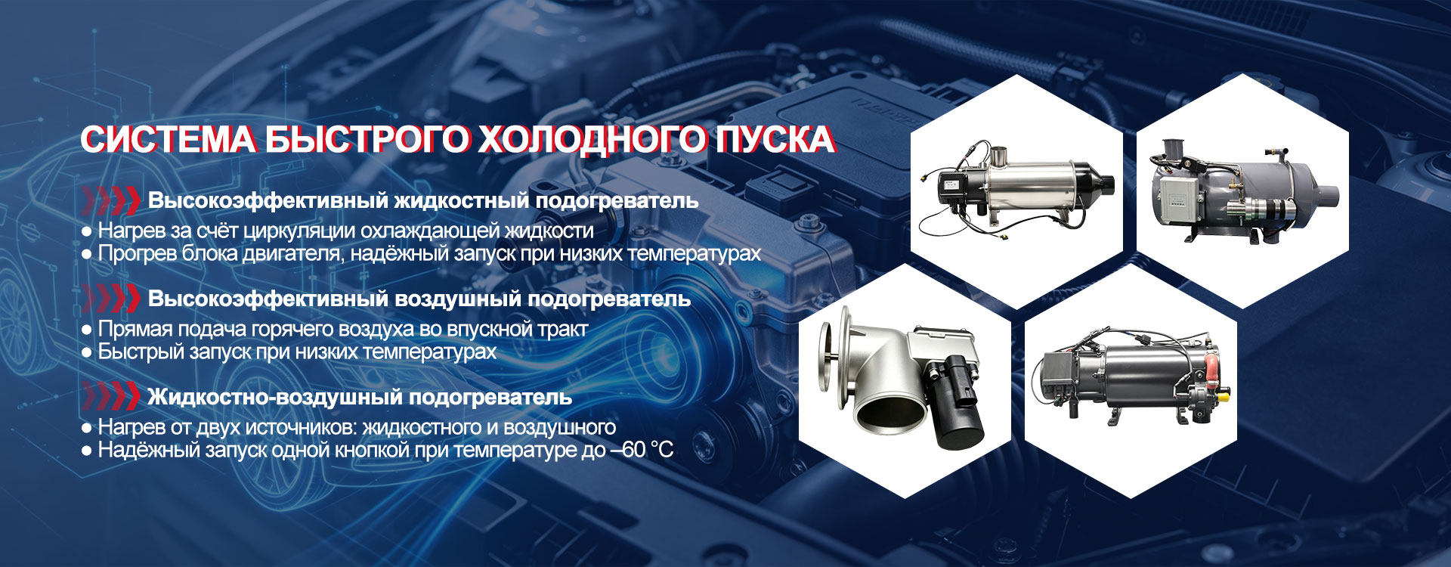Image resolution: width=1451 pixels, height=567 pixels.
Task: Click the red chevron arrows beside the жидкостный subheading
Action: pyautogui.click(x=111, y=200)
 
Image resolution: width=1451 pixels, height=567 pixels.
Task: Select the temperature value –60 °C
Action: pyautogui.click(x=641, y=450)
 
